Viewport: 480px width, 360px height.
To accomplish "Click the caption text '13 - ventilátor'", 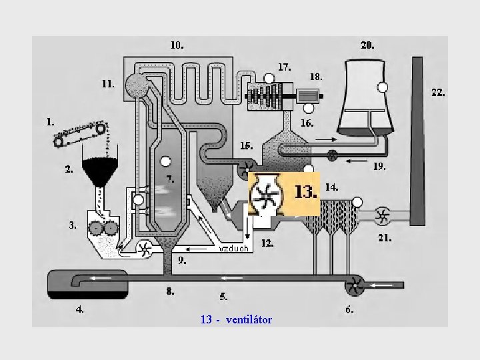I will click(x=236, y=320).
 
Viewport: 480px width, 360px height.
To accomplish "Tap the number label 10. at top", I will click(x=177, y=46).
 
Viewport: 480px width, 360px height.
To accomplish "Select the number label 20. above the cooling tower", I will click(x=367, y=46).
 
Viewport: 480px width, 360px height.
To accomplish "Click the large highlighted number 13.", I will click(x=305, y=193).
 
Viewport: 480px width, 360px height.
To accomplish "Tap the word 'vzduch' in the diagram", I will click(x=234, y=249).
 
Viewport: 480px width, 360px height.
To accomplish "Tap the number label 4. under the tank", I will click(x=79, y=309).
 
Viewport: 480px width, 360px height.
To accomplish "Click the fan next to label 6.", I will click(x=353, y=287).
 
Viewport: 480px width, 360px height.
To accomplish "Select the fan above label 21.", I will click(x=382, y=215).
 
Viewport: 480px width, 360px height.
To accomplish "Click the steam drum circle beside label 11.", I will click(x=139, y=84).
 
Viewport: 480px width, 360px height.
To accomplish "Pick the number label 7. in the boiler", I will click(x=171, y=179).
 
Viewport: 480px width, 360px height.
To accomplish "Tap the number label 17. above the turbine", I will click(x=284, y=67).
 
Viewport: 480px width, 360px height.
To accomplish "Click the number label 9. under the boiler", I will click(x=182, y=261).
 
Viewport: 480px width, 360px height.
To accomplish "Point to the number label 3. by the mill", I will click(x=73, y=225).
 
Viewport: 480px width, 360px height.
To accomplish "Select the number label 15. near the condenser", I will click(x=247, y=145).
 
